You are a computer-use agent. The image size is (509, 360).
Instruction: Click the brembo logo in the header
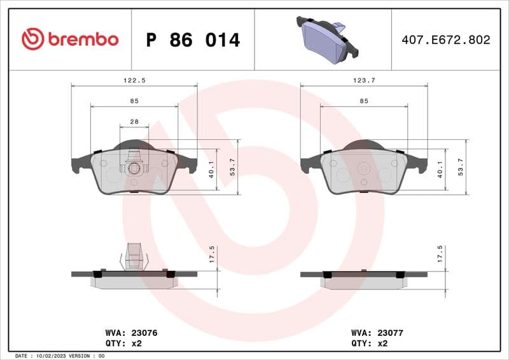tap(70, 39)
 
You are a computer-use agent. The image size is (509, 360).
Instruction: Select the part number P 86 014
tap(193, 40)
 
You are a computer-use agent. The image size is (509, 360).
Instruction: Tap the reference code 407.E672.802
tap(445, 39)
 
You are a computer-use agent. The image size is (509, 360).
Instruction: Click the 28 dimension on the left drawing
tap(134, 121)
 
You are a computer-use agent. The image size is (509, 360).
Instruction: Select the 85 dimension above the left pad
tap(134, 101)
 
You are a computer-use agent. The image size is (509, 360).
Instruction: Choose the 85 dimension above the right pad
tap(363, 101)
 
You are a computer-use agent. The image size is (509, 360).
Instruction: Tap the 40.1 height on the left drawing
tap(210, 170)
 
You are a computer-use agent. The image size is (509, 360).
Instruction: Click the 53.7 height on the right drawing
tap(460, 167)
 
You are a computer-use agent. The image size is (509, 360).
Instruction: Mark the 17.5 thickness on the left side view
tap(211, 254)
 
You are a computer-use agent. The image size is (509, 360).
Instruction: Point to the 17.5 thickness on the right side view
tap(440, 254)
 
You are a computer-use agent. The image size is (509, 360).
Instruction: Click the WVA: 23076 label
tap(131, 333)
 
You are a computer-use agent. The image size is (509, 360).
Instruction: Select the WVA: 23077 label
tap(377, 333)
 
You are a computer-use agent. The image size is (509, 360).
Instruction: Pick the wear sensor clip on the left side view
tap(134, 256)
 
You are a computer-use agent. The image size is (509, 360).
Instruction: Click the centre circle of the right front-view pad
tap(363, 169)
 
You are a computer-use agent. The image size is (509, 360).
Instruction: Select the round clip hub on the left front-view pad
tap(134, 168)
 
